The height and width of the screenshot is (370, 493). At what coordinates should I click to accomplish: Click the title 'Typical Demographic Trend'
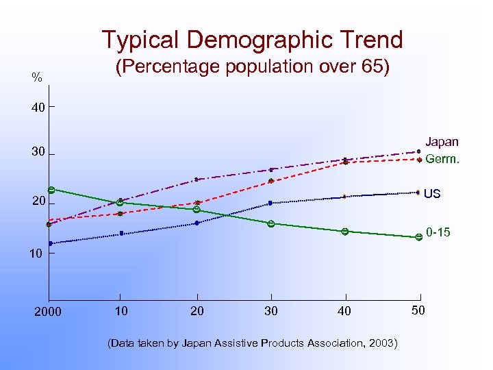[252, 40]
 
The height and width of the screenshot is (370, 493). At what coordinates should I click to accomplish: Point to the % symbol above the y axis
[36, 78]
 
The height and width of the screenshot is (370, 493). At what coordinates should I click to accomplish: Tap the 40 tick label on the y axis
[37, 108]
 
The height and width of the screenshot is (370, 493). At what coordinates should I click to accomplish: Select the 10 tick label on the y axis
[36, 254]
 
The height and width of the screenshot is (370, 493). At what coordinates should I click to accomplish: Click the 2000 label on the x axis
[47, 312]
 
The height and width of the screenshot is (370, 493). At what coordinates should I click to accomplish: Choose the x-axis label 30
[271, 311]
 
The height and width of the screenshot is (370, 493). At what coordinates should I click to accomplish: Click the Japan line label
[442, 142]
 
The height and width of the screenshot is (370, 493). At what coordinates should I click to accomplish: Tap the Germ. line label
[442, 159]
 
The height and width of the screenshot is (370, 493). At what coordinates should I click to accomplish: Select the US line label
[432, 194]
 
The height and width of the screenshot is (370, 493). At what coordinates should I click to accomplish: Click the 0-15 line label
[438, 233]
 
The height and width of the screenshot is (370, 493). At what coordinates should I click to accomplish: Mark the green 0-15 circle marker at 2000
[51, 190]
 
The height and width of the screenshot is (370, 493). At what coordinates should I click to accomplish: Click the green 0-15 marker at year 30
[271, 223]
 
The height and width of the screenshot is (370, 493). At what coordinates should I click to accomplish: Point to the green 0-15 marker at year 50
[418, 237]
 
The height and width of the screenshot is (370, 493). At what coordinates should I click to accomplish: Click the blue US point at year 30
[270, 203]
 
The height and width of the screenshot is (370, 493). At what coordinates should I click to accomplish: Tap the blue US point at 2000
[50, 243]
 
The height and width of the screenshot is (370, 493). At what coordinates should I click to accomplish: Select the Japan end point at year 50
[418, 151]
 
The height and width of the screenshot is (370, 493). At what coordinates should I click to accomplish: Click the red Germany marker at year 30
[271, 181]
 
